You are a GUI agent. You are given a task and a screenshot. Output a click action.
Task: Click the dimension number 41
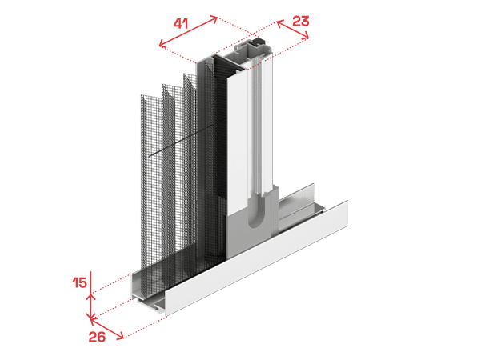pos(181,24)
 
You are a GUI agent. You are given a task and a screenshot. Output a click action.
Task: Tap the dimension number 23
pos(300,21)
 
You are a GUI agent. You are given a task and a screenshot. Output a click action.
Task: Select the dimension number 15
pos(79,282)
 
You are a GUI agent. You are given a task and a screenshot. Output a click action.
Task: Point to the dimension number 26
pos(97,337)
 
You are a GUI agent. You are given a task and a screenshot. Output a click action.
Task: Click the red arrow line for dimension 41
pos(188,31)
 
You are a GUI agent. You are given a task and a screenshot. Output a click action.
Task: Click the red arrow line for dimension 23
pos(293,30)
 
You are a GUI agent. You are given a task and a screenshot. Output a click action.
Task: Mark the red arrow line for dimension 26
pos(107,329)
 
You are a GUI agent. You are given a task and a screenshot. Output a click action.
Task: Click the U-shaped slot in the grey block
pos(255,211)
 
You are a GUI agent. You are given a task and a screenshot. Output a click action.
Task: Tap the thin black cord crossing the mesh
pos(188,137)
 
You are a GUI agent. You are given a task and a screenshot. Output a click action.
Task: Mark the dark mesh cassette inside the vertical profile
pos(221,154)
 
